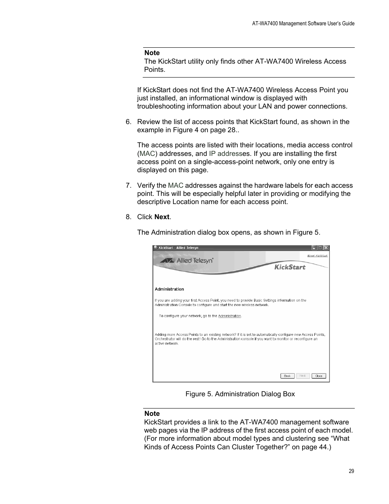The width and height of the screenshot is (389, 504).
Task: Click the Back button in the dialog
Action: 287,376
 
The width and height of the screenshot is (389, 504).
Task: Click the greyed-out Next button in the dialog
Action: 303,376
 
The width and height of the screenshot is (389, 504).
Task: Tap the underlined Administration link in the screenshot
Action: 230,316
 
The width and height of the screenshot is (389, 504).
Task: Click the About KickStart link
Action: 317,256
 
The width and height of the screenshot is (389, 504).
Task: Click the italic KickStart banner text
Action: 290,267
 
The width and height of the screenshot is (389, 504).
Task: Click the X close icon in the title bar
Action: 326,248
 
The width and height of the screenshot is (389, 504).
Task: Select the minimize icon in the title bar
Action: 314,248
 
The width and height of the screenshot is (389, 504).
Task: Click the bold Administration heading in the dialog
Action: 169,289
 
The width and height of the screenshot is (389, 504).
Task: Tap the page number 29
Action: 351,471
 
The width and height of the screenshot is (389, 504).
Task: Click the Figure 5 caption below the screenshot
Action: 240,394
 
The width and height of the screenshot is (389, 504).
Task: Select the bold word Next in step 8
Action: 162,217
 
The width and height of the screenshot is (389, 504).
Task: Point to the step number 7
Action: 128,185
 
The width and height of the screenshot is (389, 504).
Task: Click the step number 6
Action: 128,122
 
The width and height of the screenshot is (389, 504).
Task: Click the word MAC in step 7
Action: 175,185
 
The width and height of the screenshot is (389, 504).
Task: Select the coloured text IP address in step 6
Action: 225,153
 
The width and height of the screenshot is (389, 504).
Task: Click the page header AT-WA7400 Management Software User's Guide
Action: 303,24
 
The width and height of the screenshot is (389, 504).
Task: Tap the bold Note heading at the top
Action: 152,53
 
